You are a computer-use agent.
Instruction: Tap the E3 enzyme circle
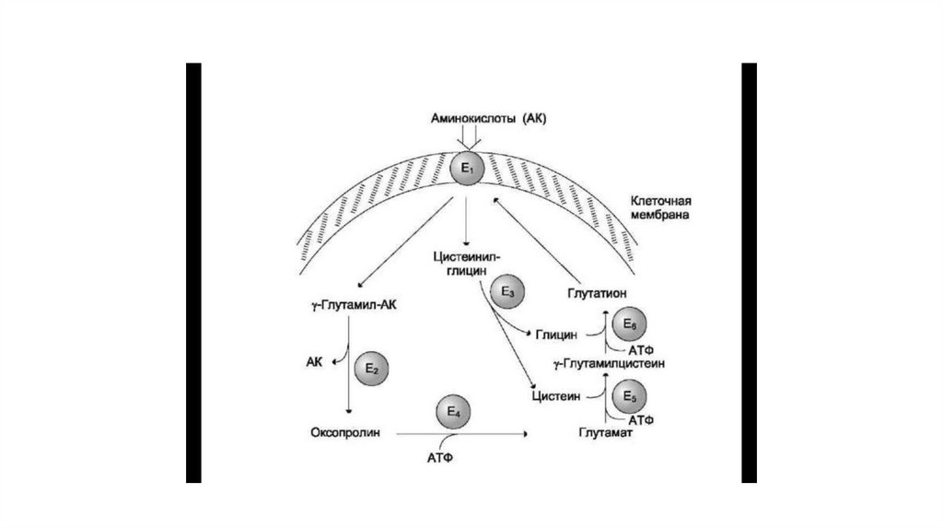tap(507, 292)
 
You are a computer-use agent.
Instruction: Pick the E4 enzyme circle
tap(452, 413)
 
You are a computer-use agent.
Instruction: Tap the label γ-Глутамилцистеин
tap(610, 363)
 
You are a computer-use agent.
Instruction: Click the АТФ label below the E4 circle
tap(441, 456)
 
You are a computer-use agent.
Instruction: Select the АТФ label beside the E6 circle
tap(639, 350)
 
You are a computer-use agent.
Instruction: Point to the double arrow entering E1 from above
tap(470, 138)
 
